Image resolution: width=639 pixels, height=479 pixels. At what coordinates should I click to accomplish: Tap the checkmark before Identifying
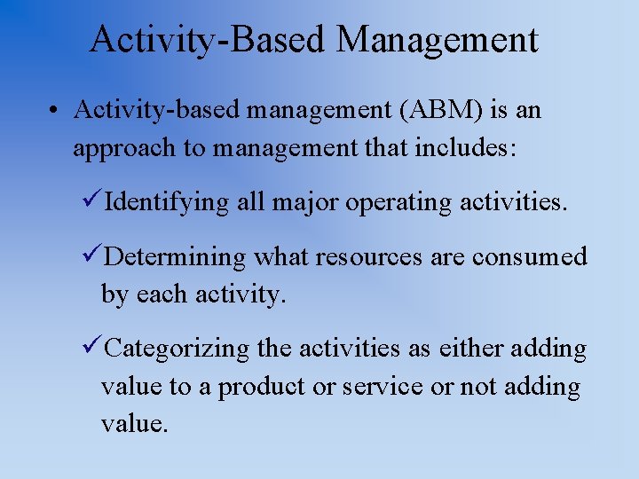coord(92,202)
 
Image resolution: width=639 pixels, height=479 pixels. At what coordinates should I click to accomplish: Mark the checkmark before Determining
coord(92,257)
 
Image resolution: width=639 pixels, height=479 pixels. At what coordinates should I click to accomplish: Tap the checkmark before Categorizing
coord(92,349)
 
